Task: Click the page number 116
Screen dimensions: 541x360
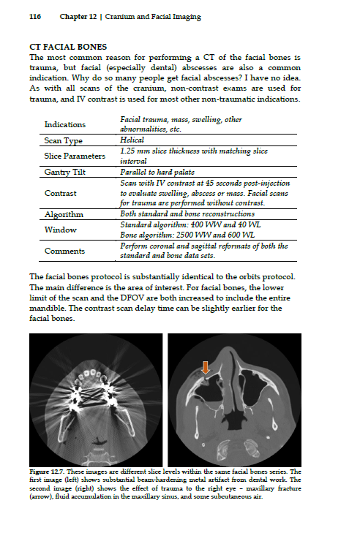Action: [35, 16]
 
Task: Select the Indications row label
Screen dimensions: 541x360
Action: [65, 125]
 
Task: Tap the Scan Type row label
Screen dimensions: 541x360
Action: [64, 140]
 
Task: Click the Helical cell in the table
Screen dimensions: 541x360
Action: [132, 140]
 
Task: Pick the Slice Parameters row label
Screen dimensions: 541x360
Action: [73, 156]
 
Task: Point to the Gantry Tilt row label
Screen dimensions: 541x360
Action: [64, 172]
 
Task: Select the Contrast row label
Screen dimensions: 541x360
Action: [61, 193]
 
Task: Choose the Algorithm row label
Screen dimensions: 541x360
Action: [64, 214]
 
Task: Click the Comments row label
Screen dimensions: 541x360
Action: [64, 251]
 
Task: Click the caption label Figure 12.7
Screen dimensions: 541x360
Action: [49, 472]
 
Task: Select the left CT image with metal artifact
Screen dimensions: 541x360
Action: [95, 399]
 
